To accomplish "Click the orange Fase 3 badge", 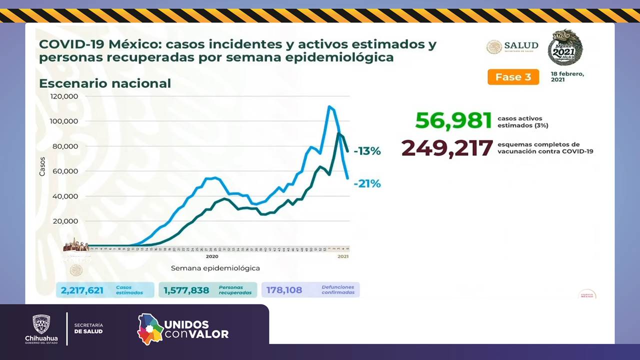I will coord(513,77).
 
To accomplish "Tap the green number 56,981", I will coord(453,121).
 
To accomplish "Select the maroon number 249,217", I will coord(447,148).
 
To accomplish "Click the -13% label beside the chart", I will coord(367,151).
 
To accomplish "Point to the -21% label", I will coord(367,183).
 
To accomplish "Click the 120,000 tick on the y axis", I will coord(64,96).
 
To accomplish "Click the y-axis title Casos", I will coord(42,166).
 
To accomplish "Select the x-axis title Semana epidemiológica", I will coord(215,268).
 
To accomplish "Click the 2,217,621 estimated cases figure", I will coord(82,290).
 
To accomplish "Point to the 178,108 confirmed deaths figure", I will coord(284,290).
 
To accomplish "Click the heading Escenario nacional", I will coord(105,83).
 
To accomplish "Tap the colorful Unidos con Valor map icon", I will coord(150,329).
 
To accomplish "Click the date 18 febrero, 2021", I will coord(567,76).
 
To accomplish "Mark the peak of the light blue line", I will coord(329,106).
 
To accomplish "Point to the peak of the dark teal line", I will coord(339,133).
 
